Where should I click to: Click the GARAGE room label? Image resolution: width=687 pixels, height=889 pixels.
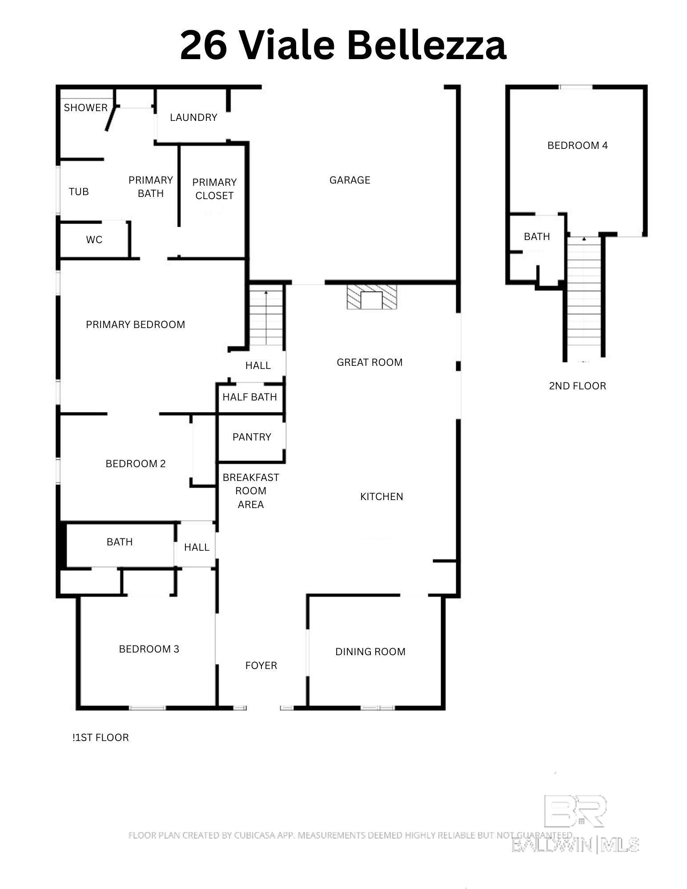pyautogui.click(x=350, y=180)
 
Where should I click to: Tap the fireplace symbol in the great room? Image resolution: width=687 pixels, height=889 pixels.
pyautogui.click(x=372, y=297)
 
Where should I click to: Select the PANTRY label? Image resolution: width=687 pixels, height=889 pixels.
pyautogui.click(x=252, y=437)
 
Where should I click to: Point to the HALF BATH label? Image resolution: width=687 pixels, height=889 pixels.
pyautogui.click(x=249, y=397)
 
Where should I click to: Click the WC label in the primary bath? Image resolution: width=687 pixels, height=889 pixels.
pyautogui.click(x=94, y=240)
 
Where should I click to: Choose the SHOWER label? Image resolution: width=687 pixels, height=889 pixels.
pyautogui.click(x=86, y=108)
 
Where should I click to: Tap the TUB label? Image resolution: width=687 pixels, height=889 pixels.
pyautogui.click(x=79, y=192)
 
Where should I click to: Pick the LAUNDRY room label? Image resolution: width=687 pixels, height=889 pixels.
pyautogui.click(x=193, y=117)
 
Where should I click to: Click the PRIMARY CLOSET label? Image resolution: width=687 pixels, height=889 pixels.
pyautogui.click(x=214, y=189)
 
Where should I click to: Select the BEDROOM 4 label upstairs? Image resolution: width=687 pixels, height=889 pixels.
pyautogui.click(x=578, y=145)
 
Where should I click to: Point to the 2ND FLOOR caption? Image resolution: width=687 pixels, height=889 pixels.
pyautogui.click(x=578, y=386)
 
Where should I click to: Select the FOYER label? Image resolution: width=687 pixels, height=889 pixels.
pyautogui.click(x=261, y=665)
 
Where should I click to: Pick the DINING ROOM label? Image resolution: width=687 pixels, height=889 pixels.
pyautogui.click(x=370, y=652)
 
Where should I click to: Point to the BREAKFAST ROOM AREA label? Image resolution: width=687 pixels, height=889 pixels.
pyautogui.click(x=251, y=491)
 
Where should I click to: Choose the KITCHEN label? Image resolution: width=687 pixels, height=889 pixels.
pyautogui.click(x=382, y=497)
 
